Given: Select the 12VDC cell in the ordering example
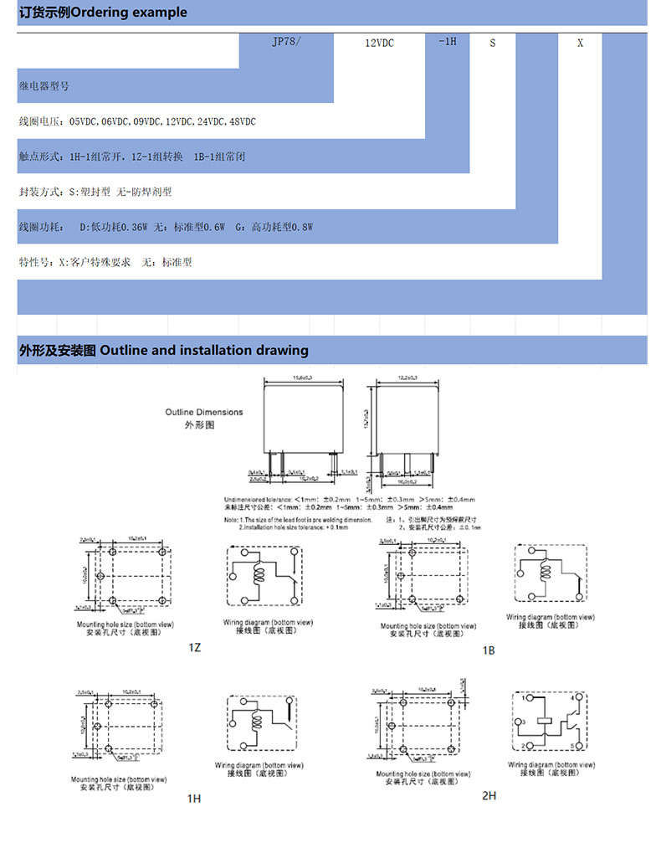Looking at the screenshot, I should [379, 43].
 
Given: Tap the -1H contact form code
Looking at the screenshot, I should [448, 42].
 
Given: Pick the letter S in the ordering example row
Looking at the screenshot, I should [493, 43].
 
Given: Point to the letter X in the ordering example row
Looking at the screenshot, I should [581, 43].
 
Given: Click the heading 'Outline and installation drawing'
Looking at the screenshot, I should [203, 350].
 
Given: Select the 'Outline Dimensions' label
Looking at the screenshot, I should [203, 412].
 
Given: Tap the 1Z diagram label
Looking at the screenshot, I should [194, 647].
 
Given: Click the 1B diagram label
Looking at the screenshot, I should [489, 650].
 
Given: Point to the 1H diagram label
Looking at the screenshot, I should [194, 799].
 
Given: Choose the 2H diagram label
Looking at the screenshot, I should [489, 795].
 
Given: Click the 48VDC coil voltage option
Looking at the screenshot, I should [243, 121].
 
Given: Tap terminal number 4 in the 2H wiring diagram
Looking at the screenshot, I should [572, 697].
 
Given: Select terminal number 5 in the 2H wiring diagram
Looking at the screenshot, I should [572, 746].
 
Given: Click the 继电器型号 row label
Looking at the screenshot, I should [45, 86].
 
